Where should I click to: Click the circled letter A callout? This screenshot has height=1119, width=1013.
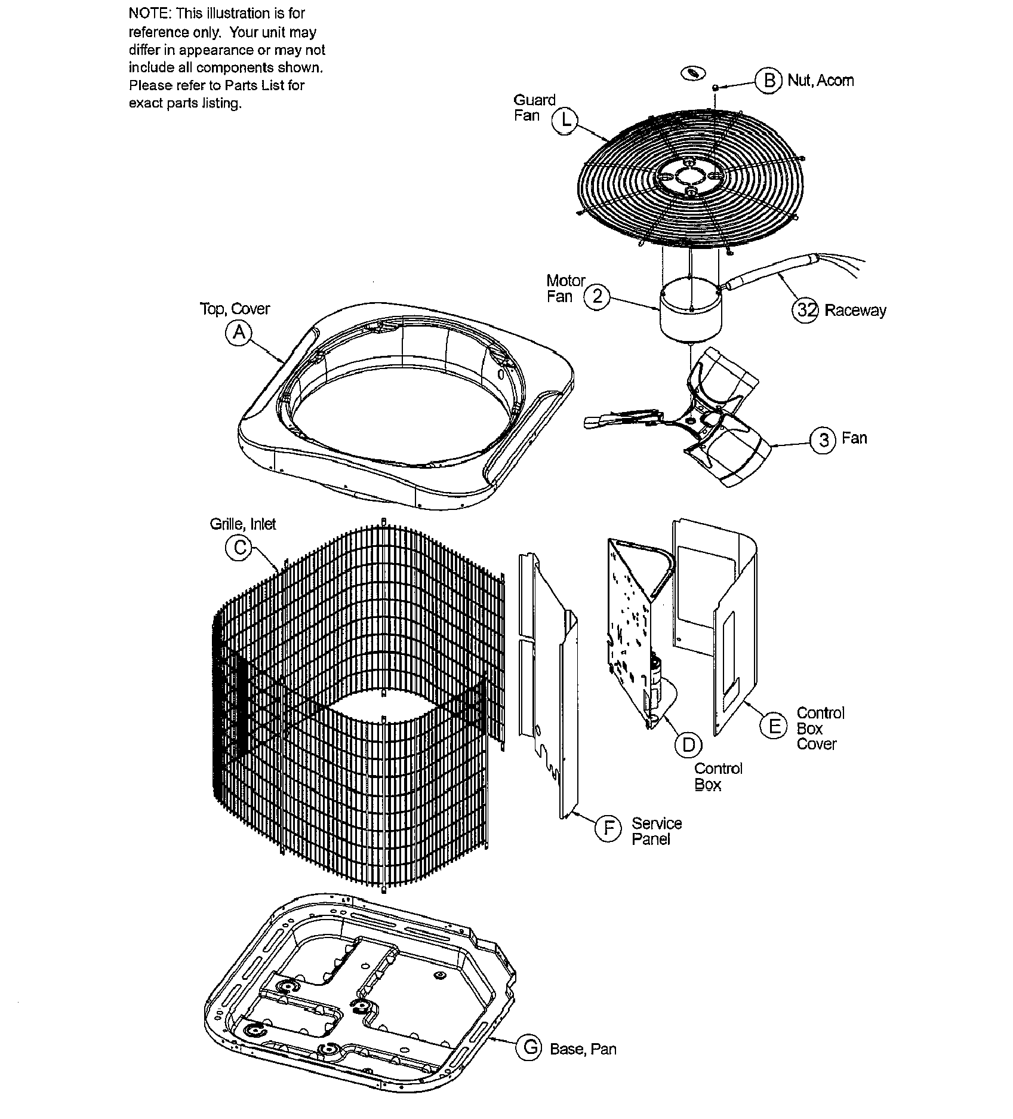coord(239,333)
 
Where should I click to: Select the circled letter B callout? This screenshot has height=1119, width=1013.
coord(769,80)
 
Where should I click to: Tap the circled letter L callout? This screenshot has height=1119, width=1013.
coord(565,120)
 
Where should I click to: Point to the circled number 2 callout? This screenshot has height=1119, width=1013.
coord(597,297)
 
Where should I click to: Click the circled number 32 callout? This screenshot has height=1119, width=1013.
coord(805,310)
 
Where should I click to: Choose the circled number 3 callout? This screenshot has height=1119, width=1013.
coord(823,441)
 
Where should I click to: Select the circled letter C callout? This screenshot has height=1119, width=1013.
coord(239,548)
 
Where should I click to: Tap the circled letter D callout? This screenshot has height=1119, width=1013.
coord(689,744)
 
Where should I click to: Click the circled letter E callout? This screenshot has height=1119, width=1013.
coord(774,726)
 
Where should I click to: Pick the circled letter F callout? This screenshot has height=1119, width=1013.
coord(609,829)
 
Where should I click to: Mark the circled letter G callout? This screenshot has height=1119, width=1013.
coord(529,1048)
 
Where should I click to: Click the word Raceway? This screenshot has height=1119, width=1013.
coord(855,311)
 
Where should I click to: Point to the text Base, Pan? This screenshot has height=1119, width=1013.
coord(583,1049)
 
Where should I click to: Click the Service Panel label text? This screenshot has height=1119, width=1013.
coord(656,831)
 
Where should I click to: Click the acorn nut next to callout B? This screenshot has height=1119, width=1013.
coord(715,88)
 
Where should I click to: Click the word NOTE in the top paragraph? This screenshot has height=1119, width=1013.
coord(149,14)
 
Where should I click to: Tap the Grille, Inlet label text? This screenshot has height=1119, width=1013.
coord(242,524)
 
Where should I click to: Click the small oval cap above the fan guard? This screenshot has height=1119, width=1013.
coord(692,73)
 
